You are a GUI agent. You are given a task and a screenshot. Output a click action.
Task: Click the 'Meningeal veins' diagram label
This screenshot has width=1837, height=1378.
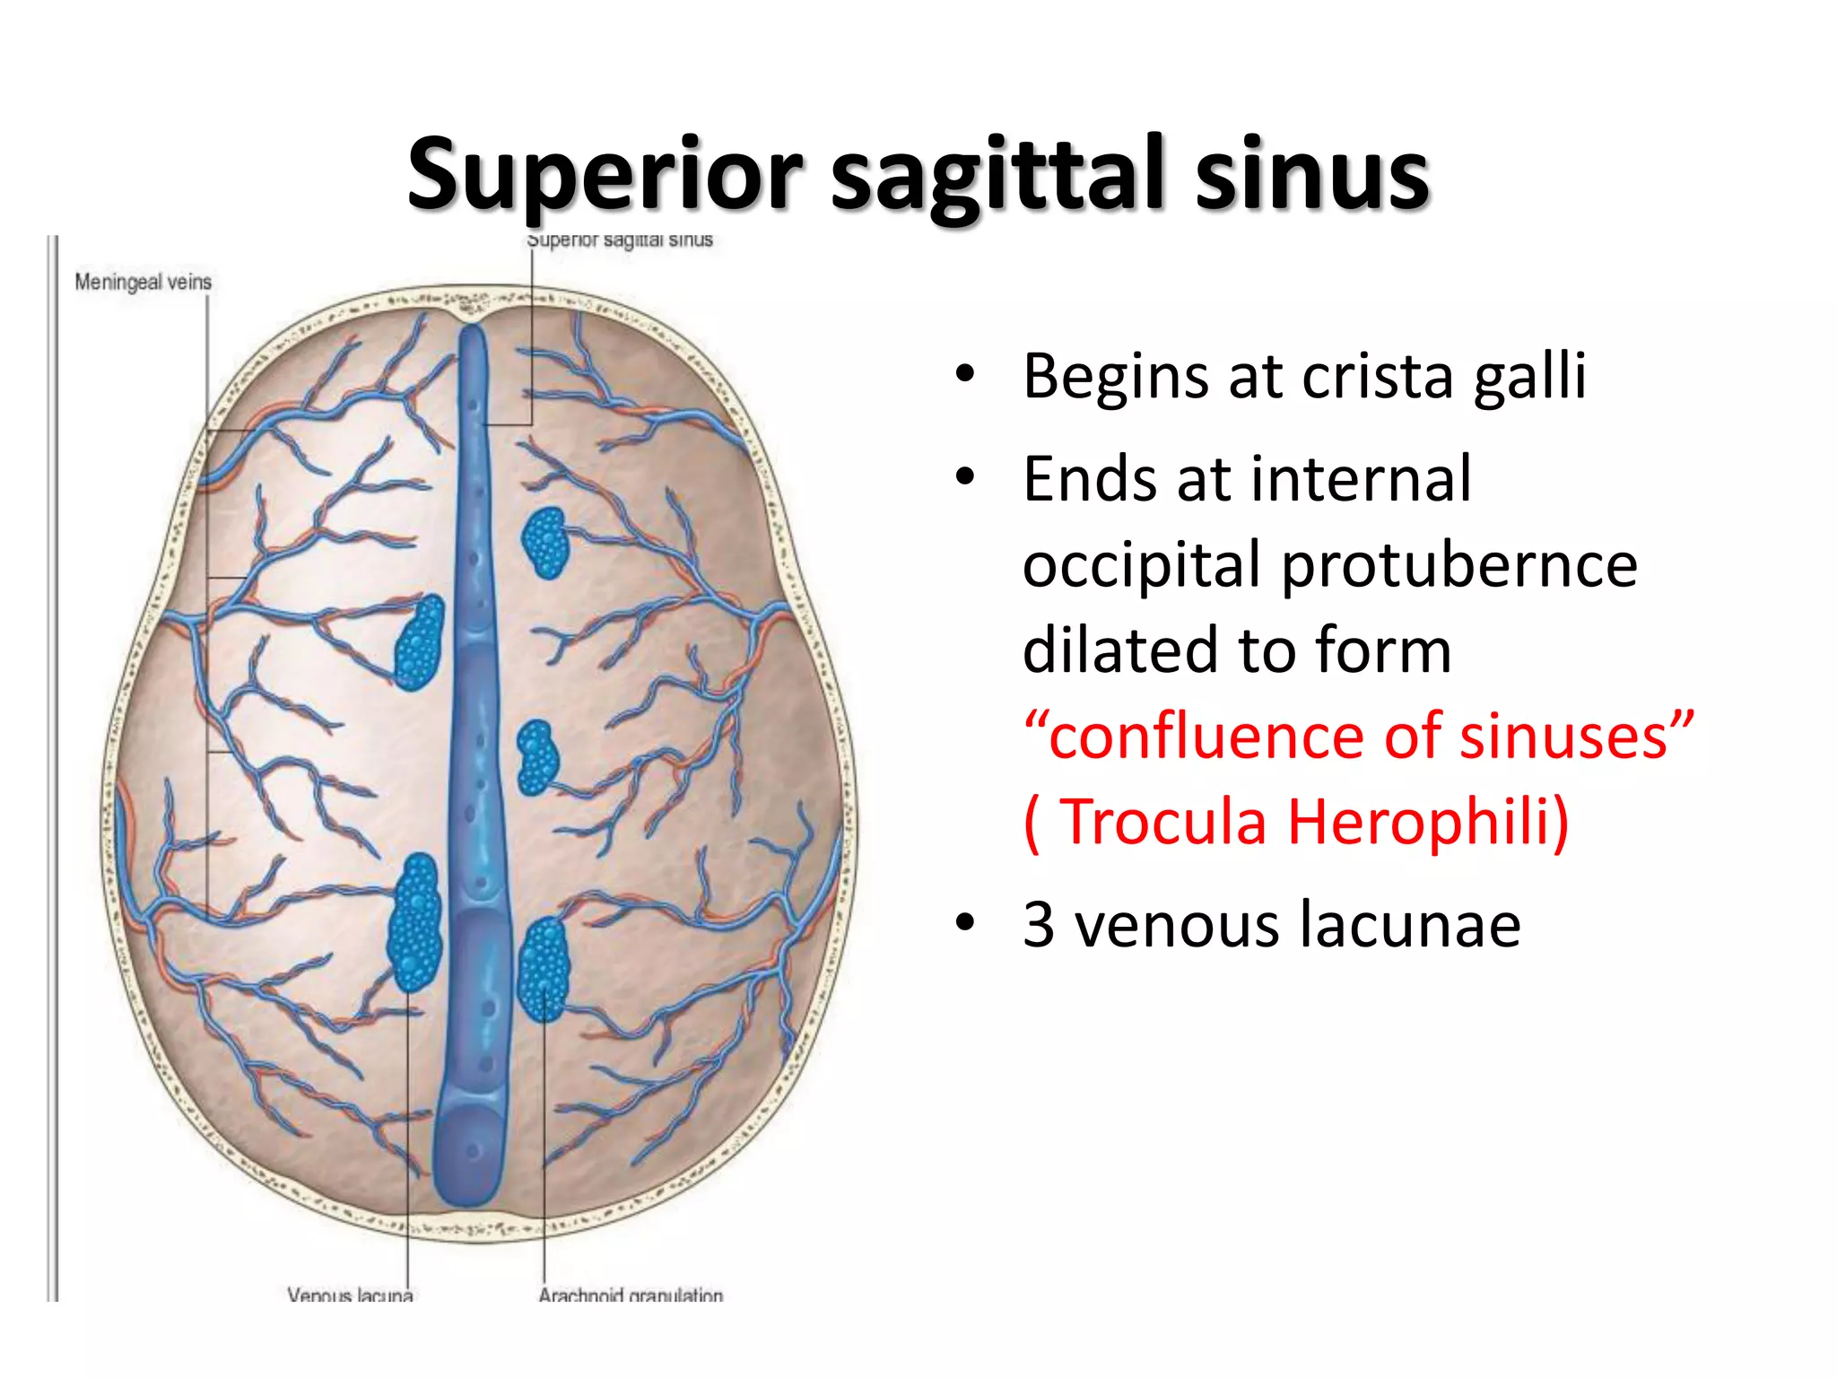144,282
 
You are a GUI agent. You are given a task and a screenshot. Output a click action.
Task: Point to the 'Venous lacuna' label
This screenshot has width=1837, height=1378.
350,1295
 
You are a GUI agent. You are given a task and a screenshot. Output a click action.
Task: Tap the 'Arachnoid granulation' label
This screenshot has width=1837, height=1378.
631,1295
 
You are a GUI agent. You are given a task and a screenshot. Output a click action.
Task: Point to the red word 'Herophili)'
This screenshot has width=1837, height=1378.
1428,822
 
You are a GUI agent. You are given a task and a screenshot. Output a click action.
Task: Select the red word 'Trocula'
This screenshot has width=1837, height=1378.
1163,822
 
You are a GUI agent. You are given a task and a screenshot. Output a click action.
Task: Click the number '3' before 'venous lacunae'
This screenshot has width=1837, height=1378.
1039,924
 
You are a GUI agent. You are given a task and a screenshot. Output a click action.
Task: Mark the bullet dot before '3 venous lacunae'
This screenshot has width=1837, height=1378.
965,923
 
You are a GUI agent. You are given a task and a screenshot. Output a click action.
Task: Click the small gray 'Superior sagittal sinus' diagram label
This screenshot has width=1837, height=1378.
620,240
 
